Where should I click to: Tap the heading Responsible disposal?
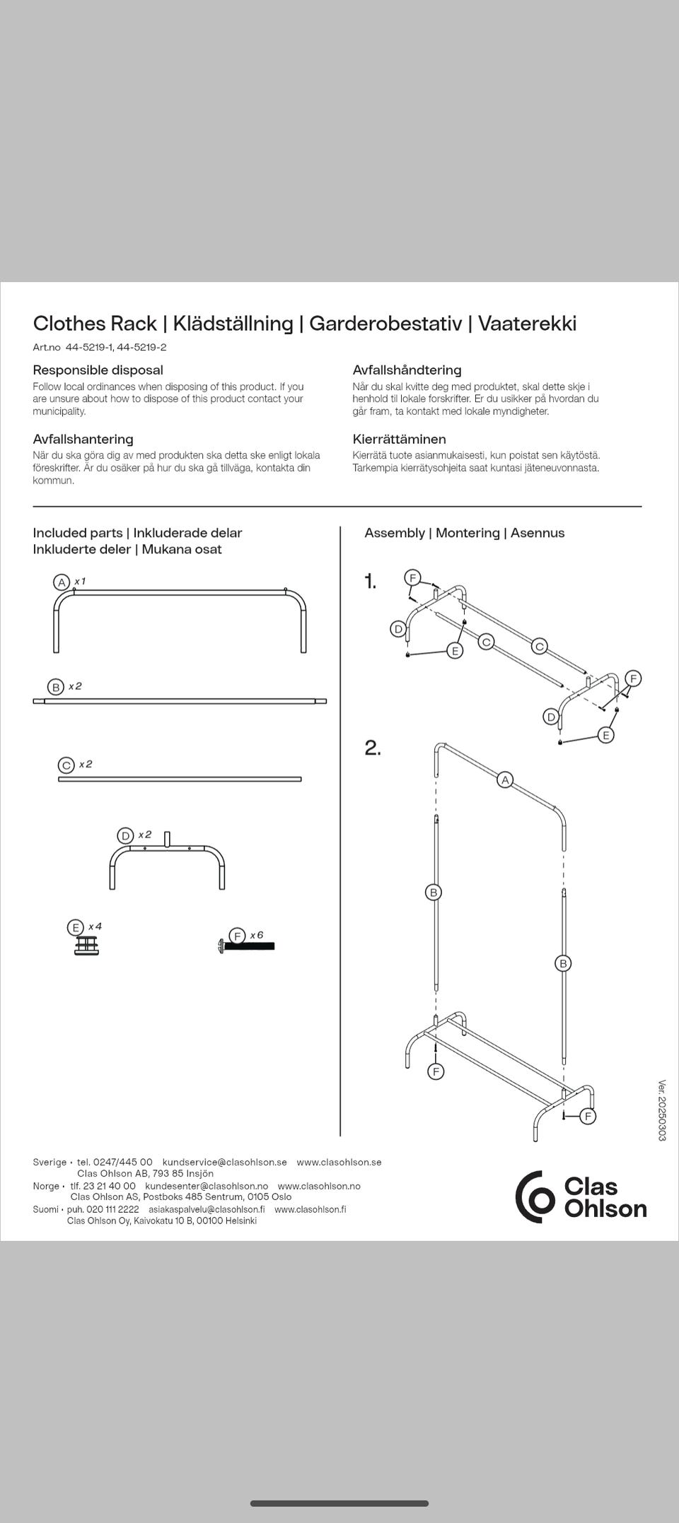point(98,370)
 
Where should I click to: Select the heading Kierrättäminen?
point(399,439)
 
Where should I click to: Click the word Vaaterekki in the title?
point(527,324)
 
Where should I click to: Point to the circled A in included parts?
point(62,582)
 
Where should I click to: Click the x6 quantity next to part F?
point(256,935)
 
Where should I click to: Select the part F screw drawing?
point(248,946)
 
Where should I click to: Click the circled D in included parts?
point(125,835)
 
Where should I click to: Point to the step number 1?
point(370,582)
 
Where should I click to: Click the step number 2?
point(373,748)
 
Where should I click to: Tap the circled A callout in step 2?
point(504,780)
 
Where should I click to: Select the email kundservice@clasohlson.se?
point(224,1162)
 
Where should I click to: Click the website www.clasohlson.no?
point(319,1186)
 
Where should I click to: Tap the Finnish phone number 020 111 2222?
point(112,1209)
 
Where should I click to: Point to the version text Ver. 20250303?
point(662,1110)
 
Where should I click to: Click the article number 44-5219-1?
point(90,347)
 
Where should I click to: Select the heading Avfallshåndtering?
point(407,370)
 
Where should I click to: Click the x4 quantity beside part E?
point(95,927)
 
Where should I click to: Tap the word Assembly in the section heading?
point(395,533)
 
